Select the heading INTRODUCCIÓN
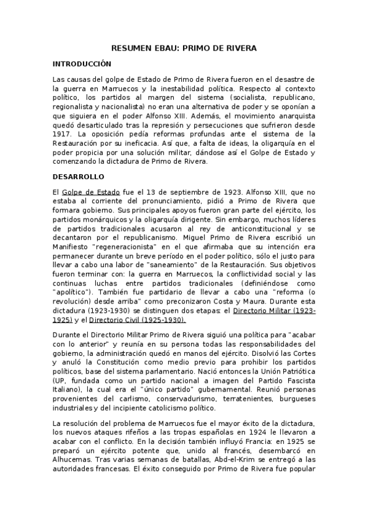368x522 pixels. coord(82,63)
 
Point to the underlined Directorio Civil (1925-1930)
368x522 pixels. coord(137,320)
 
